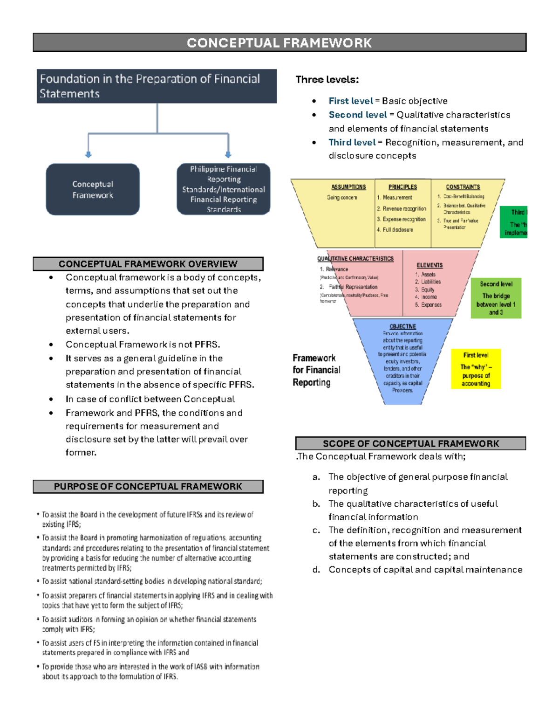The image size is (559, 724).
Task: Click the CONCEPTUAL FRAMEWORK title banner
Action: [x=279, y=43]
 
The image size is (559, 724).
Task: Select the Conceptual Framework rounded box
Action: [x=93, y=189]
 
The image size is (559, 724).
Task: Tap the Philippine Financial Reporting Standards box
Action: [x=224, y=189]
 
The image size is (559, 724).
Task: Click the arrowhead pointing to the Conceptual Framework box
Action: [x=89, y=154]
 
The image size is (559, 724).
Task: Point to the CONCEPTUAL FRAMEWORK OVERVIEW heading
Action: [x=148, y=264]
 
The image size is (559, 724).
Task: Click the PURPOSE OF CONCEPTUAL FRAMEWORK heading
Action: [x=148, y=487]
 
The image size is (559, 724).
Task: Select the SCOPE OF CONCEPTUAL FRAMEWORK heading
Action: [x=411, y=443]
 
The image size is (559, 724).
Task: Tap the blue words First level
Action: [x=350, y=101]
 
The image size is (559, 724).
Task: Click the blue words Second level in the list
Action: [x=357, y=115]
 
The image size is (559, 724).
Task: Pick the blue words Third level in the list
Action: [x=352, y=142]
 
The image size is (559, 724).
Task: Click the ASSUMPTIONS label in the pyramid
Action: [x=348, y=187]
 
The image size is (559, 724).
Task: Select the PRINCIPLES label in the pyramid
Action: [x=402, y=187]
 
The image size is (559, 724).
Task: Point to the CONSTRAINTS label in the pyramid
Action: [x=463, y=187]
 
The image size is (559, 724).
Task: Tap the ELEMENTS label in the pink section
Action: [x=429, y=265]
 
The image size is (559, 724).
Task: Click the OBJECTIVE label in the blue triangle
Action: [x=402, y=326]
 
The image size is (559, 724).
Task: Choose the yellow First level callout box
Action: [x=476, y=369]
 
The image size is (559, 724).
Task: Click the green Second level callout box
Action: [x=496, y=298]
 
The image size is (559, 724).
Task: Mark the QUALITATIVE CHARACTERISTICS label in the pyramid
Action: [x=355, y=258]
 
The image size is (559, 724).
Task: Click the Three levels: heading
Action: [x=327, y=80]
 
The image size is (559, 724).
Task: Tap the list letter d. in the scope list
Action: [x=316, y=570]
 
